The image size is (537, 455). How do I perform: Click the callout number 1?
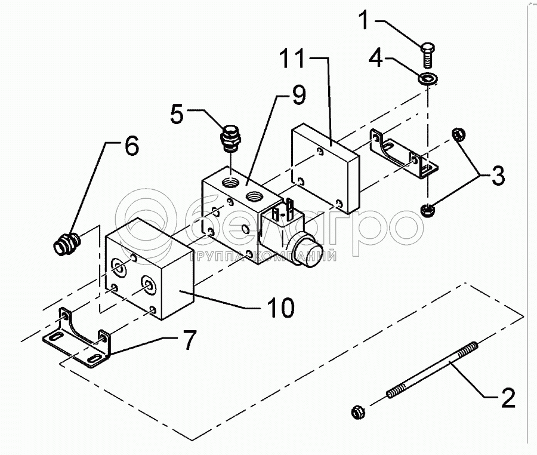[x=365, y=20]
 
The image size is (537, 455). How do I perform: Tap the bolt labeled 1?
[x=427, y=55]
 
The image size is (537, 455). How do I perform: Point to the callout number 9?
[x=299, y=95]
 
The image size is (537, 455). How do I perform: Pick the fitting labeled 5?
[x=230, y=140]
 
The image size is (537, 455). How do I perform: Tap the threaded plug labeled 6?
[x=66, y=243]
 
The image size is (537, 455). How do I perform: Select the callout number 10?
[x=281, y=307]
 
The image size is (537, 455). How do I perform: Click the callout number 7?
[x=189, y=340]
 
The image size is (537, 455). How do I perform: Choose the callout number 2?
[x=508, y=398]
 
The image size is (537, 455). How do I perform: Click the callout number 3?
[x=498, y=175]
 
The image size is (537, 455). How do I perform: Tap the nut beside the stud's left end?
[x=358, y=411]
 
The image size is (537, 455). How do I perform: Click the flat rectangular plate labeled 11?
[x=325, y=168]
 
